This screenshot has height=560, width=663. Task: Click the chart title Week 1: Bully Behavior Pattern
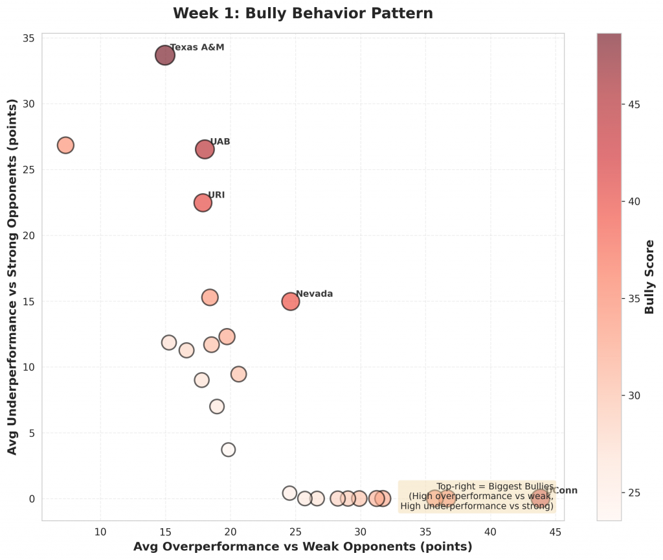pyautogui.click(x=303, y=13)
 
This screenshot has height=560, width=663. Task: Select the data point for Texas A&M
pyautogui.click(x=165, y=55)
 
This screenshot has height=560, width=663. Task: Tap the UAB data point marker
pyautogui.click(x=205, y=149)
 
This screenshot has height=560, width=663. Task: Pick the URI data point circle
pyautogui.click(x=203, y=202)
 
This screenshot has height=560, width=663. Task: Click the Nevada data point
pyautogui.click(x=291, y=301)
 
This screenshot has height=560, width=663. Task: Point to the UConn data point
pyautogui.click(x=541, y=498)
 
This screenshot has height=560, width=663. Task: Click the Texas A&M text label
pyautogui.click(x=197, y=47)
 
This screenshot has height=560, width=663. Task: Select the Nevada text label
pyautogui.click(x=314, y=294)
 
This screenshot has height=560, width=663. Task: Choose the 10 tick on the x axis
pyautogui.click(x=100, y=531)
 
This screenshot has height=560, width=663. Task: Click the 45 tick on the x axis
pyautogui.click(x=556, y=531)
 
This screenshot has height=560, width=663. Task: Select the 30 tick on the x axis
pyautogui.click(x=361, y=531)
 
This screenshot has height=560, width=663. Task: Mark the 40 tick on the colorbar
pyautogui.click(x=635, y=202)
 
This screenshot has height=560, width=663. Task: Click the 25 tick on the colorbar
pyautogui.click(x=635, y=493)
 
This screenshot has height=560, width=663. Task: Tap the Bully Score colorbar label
pyautogui.click(x=650, y=277)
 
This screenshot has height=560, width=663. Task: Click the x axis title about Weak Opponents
pyautogui.click(x=302, y=546)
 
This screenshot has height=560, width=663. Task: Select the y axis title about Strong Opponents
pyautogui.click(x=12, y=277)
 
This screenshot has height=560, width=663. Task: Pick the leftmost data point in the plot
pyautogui.click(x=65, y=145)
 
